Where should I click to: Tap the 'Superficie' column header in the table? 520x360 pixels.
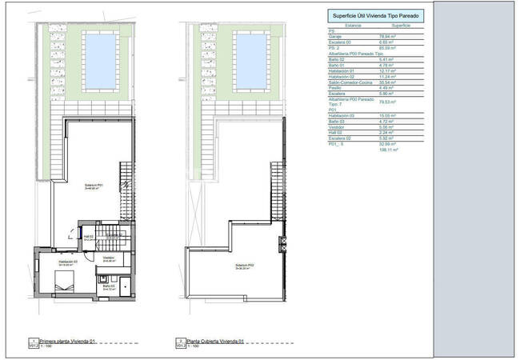[x=401, y=26]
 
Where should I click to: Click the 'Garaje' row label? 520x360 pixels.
[x=336, y=37]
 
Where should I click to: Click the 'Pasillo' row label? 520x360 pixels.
[x=335, y=87]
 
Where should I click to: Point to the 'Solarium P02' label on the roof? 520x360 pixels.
[x=245, y=266]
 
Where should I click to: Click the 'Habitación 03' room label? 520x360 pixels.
[x=67, y=262]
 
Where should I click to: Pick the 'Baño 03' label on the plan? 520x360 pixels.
[x=108, y=286]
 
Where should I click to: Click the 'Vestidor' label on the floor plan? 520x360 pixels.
[x=108, y=258]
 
